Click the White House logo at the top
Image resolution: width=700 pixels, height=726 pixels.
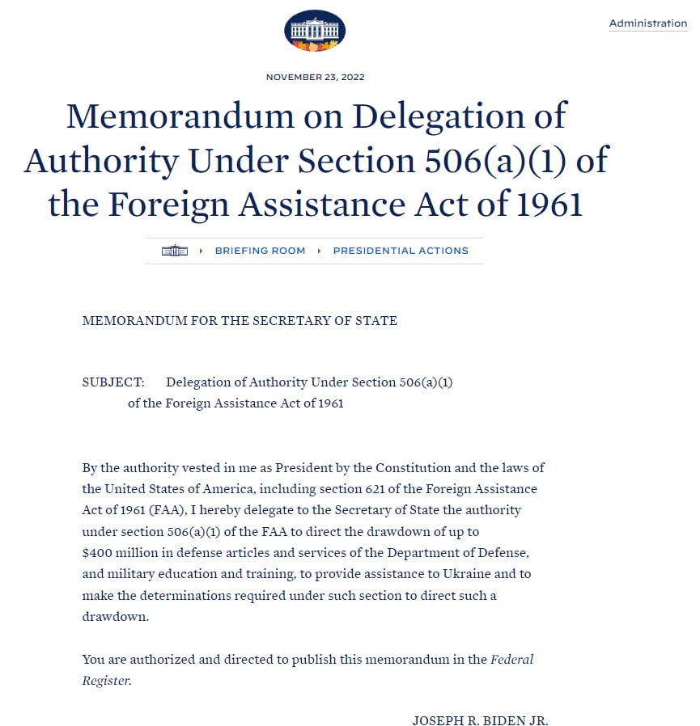coord(315,32)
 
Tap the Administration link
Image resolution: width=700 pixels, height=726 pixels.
coord(647,23)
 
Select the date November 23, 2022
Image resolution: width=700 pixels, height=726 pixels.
coord(315,78)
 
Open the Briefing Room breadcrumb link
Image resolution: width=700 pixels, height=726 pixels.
coord(260,251)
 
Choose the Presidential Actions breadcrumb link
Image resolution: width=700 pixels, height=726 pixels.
coord(401,251)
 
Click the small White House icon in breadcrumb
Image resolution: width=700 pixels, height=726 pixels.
coord(175,251)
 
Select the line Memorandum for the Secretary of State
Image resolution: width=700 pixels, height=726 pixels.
coord(240,321)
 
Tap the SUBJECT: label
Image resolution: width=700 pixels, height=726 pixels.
coord(113,382)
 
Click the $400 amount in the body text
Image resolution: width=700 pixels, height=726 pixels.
coord(100,552)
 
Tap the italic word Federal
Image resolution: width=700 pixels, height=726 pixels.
coord(512,659)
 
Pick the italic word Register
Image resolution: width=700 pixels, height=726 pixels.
coord(105,680)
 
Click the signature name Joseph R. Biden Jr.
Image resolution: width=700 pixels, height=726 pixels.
coord(480,720)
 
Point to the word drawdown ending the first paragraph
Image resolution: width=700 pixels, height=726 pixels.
coord(115,615)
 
